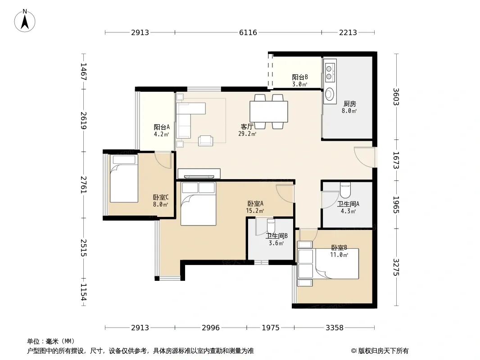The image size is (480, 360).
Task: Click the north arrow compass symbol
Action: [x=25, y=21]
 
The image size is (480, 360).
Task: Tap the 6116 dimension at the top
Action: [x=248, y=32]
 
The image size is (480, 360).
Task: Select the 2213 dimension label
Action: [x=348, y=32]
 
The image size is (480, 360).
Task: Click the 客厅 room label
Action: [x=247, y=126]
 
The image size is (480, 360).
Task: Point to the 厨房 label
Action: [x=349, y=104]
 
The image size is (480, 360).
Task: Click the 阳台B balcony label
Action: [x=300, y=77]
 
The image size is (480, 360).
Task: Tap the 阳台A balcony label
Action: [x=161, y=127]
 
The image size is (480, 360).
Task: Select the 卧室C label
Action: [x=161, y=197]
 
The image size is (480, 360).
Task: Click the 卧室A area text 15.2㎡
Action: [x=255, y=211]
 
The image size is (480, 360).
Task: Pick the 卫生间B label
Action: [x=276, y=236]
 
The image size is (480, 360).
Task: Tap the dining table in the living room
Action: [x=269, y=112]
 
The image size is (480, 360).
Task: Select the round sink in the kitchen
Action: [x=330, y=94]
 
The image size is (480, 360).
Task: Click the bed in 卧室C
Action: [x=124, y=179]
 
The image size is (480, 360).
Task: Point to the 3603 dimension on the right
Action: [x=396, y=97]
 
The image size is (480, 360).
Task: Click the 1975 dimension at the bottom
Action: [x=270, y=328]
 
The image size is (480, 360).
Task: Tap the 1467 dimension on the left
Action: [x=84, y=72]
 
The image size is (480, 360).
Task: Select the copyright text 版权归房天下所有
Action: [x=383, y=351]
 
